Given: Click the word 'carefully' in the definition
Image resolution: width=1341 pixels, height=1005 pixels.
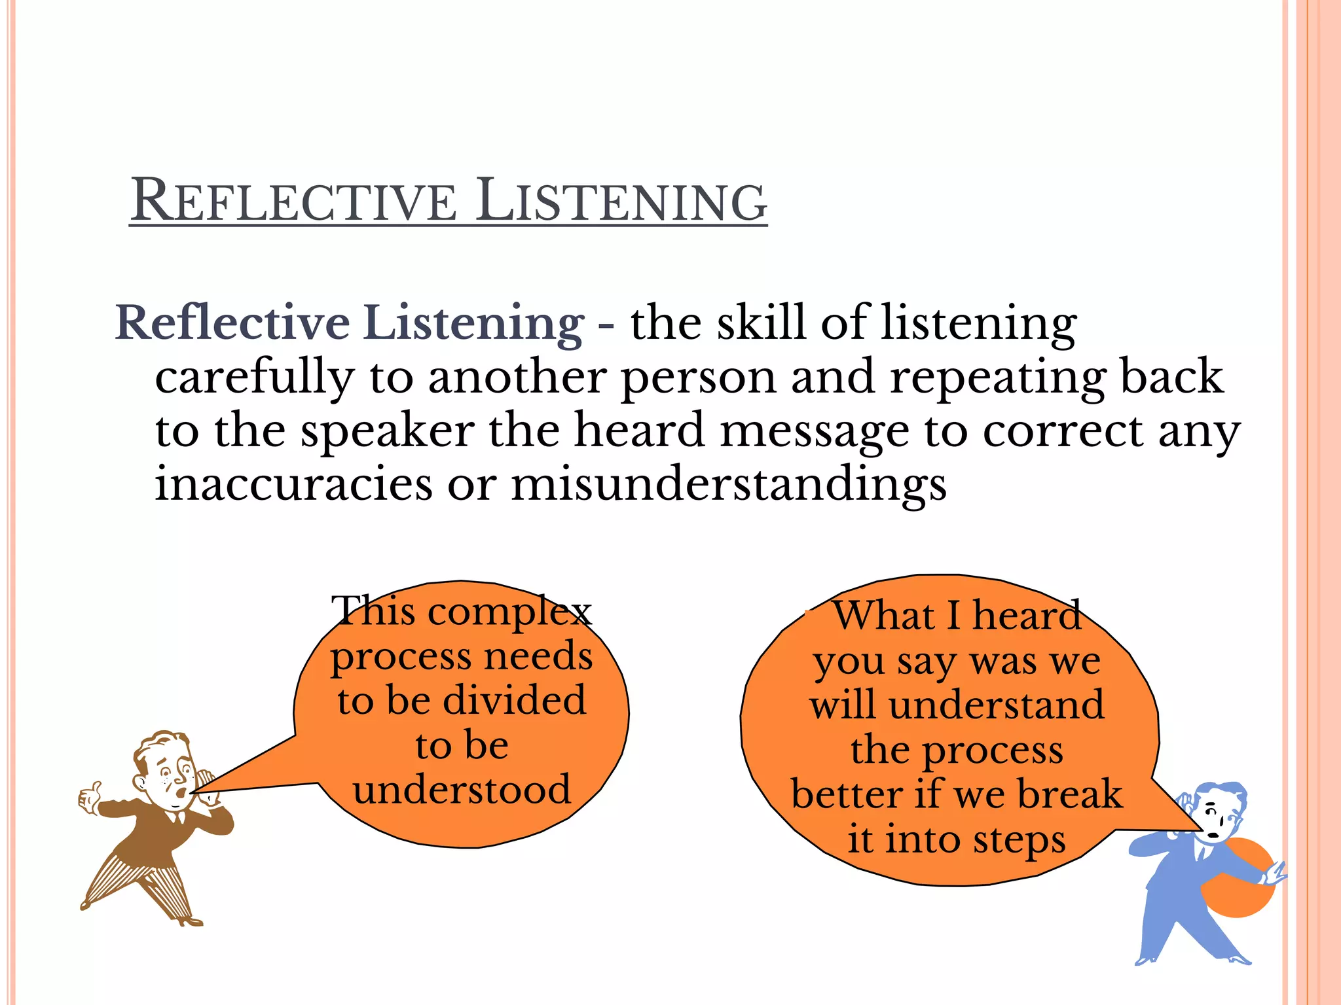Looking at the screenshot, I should [254, 378].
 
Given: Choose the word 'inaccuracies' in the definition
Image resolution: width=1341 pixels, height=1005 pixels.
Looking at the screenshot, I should [293, 484].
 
